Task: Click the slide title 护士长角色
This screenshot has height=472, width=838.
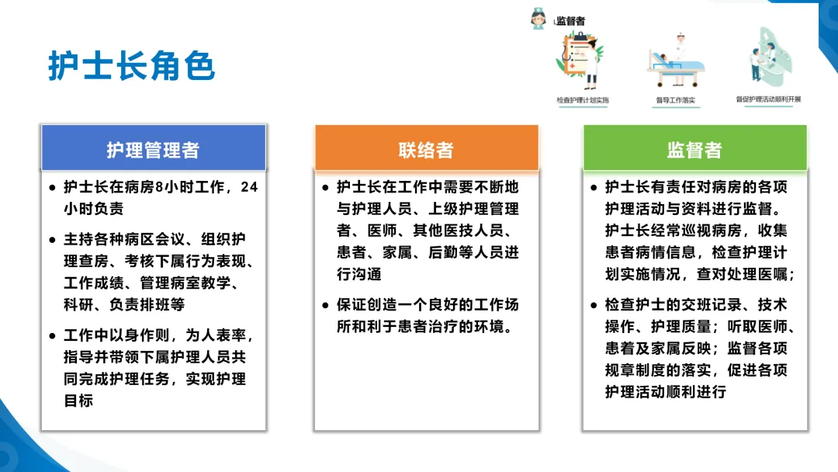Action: [131, 66]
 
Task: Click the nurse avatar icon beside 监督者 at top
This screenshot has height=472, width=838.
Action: [538, 19]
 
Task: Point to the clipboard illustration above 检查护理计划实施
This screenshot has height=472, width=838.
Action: [580, 61]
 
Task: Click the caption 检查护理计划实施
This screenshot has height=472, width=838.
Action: [583, 100]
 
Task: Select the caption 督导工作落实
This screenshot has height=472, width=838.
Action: [676, 100]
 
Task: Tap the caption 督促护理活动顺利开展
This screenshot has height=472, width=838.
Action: [768, 99]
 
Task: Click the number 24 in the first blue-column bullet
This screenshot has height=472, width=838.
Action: [249, 187]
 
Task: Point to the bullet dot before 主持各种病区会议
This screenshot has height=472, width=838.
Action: [52, 240]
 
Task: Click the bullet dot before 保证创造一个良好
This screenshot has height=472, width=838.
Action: [325, 305]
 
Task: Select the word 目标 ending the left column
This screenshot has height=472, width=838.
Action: [78, 401]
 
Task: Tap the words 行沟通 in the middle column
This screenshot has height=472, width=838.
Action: [359, 274]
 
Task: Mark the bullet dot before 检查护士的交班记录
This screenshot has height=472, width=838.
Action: [594, 305]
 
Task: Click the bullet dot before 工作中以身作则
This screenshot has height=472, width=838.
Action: [52, 336]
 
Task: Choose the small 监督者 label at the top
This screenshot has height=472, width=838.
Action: [570, 21]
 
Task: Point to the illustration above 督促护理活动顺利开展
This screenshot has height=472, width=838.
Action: [770, 57]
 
